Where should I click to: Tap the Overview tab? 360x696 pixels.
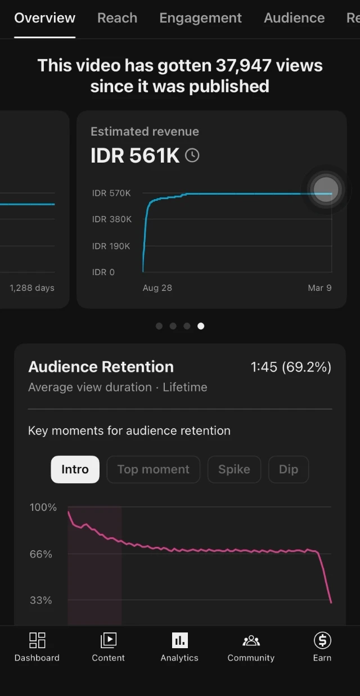[44, 18]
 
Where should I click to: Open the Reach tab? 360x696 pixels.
[117, 18]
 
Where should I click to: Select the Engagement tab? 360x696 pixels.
[200, 18]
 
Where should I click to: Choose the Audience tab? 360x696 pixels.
[294, 18]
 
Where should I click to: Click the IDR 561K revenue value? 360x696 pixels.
[135, 156]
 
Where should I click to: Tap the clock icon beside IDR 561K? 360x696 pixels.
[192, 155]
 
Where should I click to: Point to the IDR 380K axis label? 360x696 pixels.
[112, 219]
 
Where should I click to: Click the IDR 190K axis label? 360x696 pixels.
[111, 246]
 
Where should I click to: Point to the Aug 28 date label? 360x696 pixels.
[157, 288]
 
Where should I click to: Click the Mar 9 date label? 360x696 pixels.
[319, 288]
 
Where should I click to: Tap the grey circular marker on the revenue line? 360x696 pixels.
[326, 189]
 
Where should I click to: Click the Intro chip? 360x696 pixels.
[75, 469]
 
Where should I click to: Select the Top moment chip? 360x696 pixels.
[153, 469]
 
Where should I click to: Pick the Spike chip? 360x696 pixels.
[234, 469]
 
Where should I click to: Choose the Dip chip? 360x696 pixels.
[288, 469]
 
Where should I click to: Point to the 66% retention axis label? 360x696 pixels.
[41, 554]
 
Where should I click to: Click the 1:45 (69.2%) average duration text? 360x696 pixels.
[291, 367]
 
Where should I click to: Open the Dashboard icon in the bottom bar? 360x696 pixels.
[37, 640]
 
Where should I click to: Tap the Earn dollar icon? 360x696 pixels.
[322, 640]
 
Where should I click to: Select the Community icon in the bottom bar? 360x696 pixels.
[251, 640]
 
